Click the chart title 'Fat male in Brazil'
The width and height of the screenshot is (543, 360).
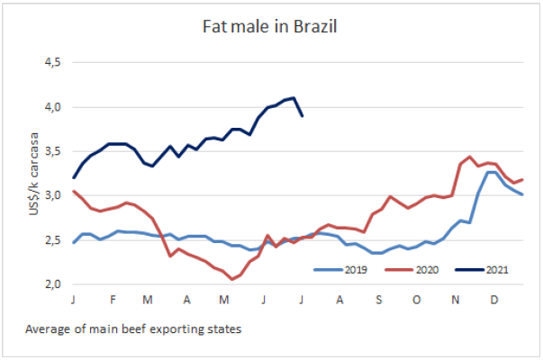[x=271, y=26]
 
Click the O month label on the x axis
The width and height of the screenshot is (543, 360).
[x=418, y=298]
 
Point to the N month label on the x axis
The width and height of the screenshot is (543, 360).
[x=456, y=298]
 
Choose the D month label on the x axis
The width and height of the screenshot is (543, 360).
[x=493, y=298]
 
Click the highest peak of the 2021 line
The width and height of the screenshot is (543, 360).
[x=294, y=98]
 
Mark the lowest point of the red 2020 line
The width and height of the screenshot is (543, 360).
[x=232, y=279]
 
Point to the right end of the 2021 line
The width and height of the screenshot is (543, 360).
[x=302, y=115]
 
